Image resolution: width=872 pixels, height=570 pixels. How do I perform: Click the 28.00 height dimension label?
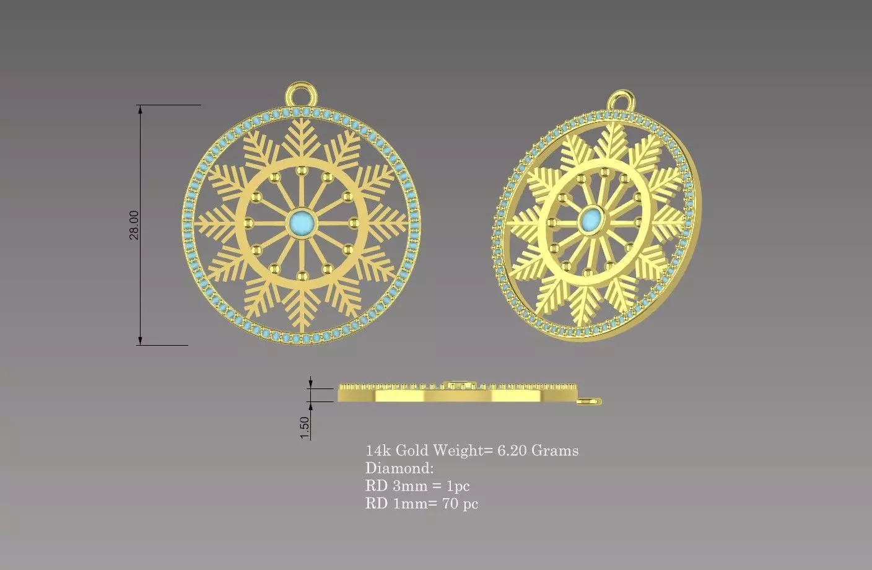(134, 225)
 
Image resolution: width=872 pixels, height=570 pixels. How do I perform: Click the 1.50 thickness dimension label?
(304, 427)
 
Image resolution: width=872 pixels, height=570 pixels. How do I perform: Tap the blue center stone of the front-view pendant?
(303, 221)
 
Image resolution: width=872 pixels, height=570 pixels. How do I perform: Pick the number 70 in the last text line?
(450, 504)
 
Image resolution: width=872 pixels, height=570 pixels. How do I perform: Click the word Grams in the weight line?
(556, 450)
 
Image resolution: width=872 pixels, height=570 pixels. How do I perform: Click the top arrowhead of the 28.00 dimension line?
(141, 110)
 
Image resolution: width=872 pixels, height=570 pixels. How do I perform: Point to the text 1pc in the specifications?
(458, 486)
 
